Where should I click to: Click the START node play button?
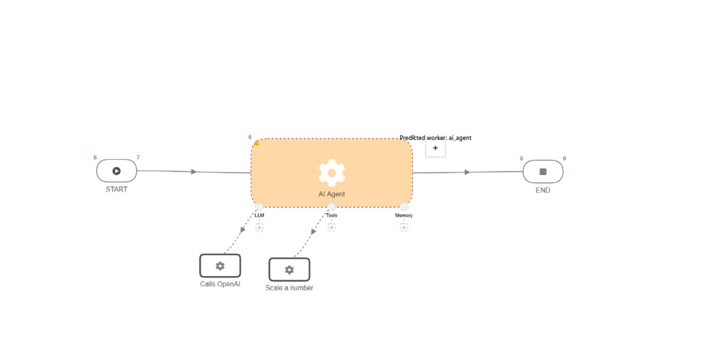pyautogui.click(x=116, y=171)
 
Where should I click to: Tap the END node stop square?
pyautogui.click(x=543, y=171)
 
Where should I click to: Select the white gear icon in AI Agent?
pyautogui.click(x=331, y=173)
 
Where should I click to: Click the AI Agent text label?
pyautogui.click(x=331, y=194)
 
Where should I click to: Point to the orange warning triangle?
pyautogui.click(x=256, y=143)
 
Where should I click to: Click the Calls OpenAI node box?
pyautogui.click(x=220, y=266)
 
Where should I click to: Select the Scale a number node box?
pyautogui.click(x=290, y=270)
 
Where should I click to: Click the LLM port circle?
pyautogui.click(x=259, y=206)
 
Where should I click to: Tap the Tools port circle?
pyautogui.click(x=331, y=206)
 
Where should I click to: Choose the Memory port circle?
pyautogui.click(x=404, y=206)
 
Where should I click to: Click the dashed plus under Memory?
pyautogui.click(x=404, y=228)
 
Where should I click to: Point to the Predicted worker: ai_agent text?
pyautogui.click(x=435, y=138)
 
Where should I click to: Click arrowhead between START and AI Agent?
pyautogui.click(x=194, y=171)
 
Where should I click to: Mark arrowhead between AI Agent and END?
pyautogui.click(x=467, y=172)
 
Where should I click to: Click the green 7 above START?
pyautogui.click(x=138, y=158)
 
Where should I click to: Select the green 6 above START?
pyautogui.click(x=95, y=158)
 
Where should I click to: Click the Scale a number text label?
pyautogui.click(x=290, y=288)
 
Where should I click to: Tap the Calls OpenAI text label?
pyautogui.click(x=220, y=284)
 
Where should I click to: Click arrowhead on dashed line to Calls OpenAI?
pyautogui.click(x=242, y=230)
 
